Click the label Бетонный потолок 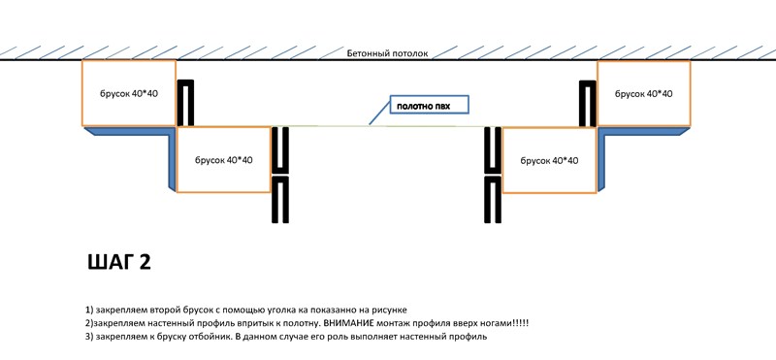tap(387, 53)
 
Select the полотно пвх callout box tap(429, 105)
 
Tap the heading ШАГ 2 tap(119, 262)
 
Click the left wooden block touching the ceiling tap(129, 93)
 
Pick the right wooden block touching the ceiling tap(644, 93)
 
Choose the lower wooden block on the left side tap(224, 159)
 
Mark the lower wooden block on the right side tap(549, 160)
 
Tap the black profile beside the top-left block tap(185, 82)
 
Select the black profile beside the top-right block tap(588, 82)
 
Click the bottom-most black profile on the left tap(280, 180)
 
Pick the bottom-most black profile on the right tap(493, 180)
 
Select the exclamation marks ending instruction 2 tap(522, 323)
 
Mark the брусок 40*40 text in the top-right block tap(643, 93)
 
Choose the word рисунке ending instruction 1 tap(391, 311)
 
